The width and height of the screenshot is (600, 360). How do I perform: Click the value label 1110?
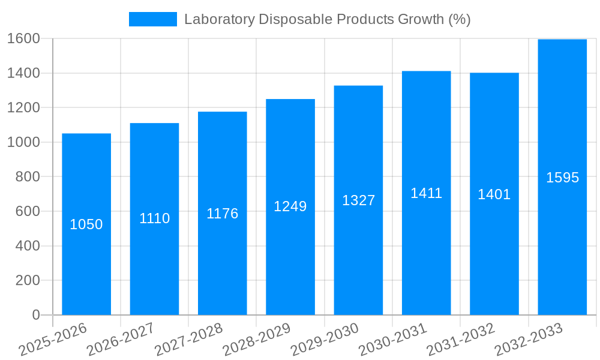[x=155, y=218]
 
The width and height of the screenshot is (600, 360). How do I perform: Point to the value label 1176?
[x=223, y=214]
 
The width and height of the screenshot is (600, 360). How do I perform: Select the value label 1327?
[x=358, y=200]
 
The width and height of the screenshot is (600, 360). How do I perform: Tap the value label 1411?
[x=426, y=193]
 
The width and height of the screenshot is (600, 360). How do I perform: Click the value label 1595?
[x=562, y=178]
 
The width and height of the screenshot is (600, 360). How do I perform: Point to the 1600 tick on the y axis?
[x=23, y=38]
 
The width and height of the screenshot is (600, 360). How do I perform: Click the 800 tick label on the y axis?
[x=27, y=177]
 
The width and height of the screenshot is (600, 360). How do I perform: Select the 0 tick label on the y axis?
[x=35, y=315]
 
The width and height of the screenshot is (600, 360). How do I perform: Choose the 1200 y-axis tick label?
[x=23, y=108]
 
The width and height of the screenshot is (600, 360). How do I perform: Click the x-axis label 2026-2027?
[x=121, y=340]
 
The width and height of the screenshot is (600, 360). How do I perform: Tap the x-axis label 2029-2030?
[x=325, y=340]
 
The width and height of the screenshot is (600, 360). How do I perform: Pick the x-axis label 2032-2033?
[x=529, y=340]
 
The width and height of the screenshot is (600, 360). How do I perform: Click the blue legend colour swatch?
[x=153, y=19]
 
